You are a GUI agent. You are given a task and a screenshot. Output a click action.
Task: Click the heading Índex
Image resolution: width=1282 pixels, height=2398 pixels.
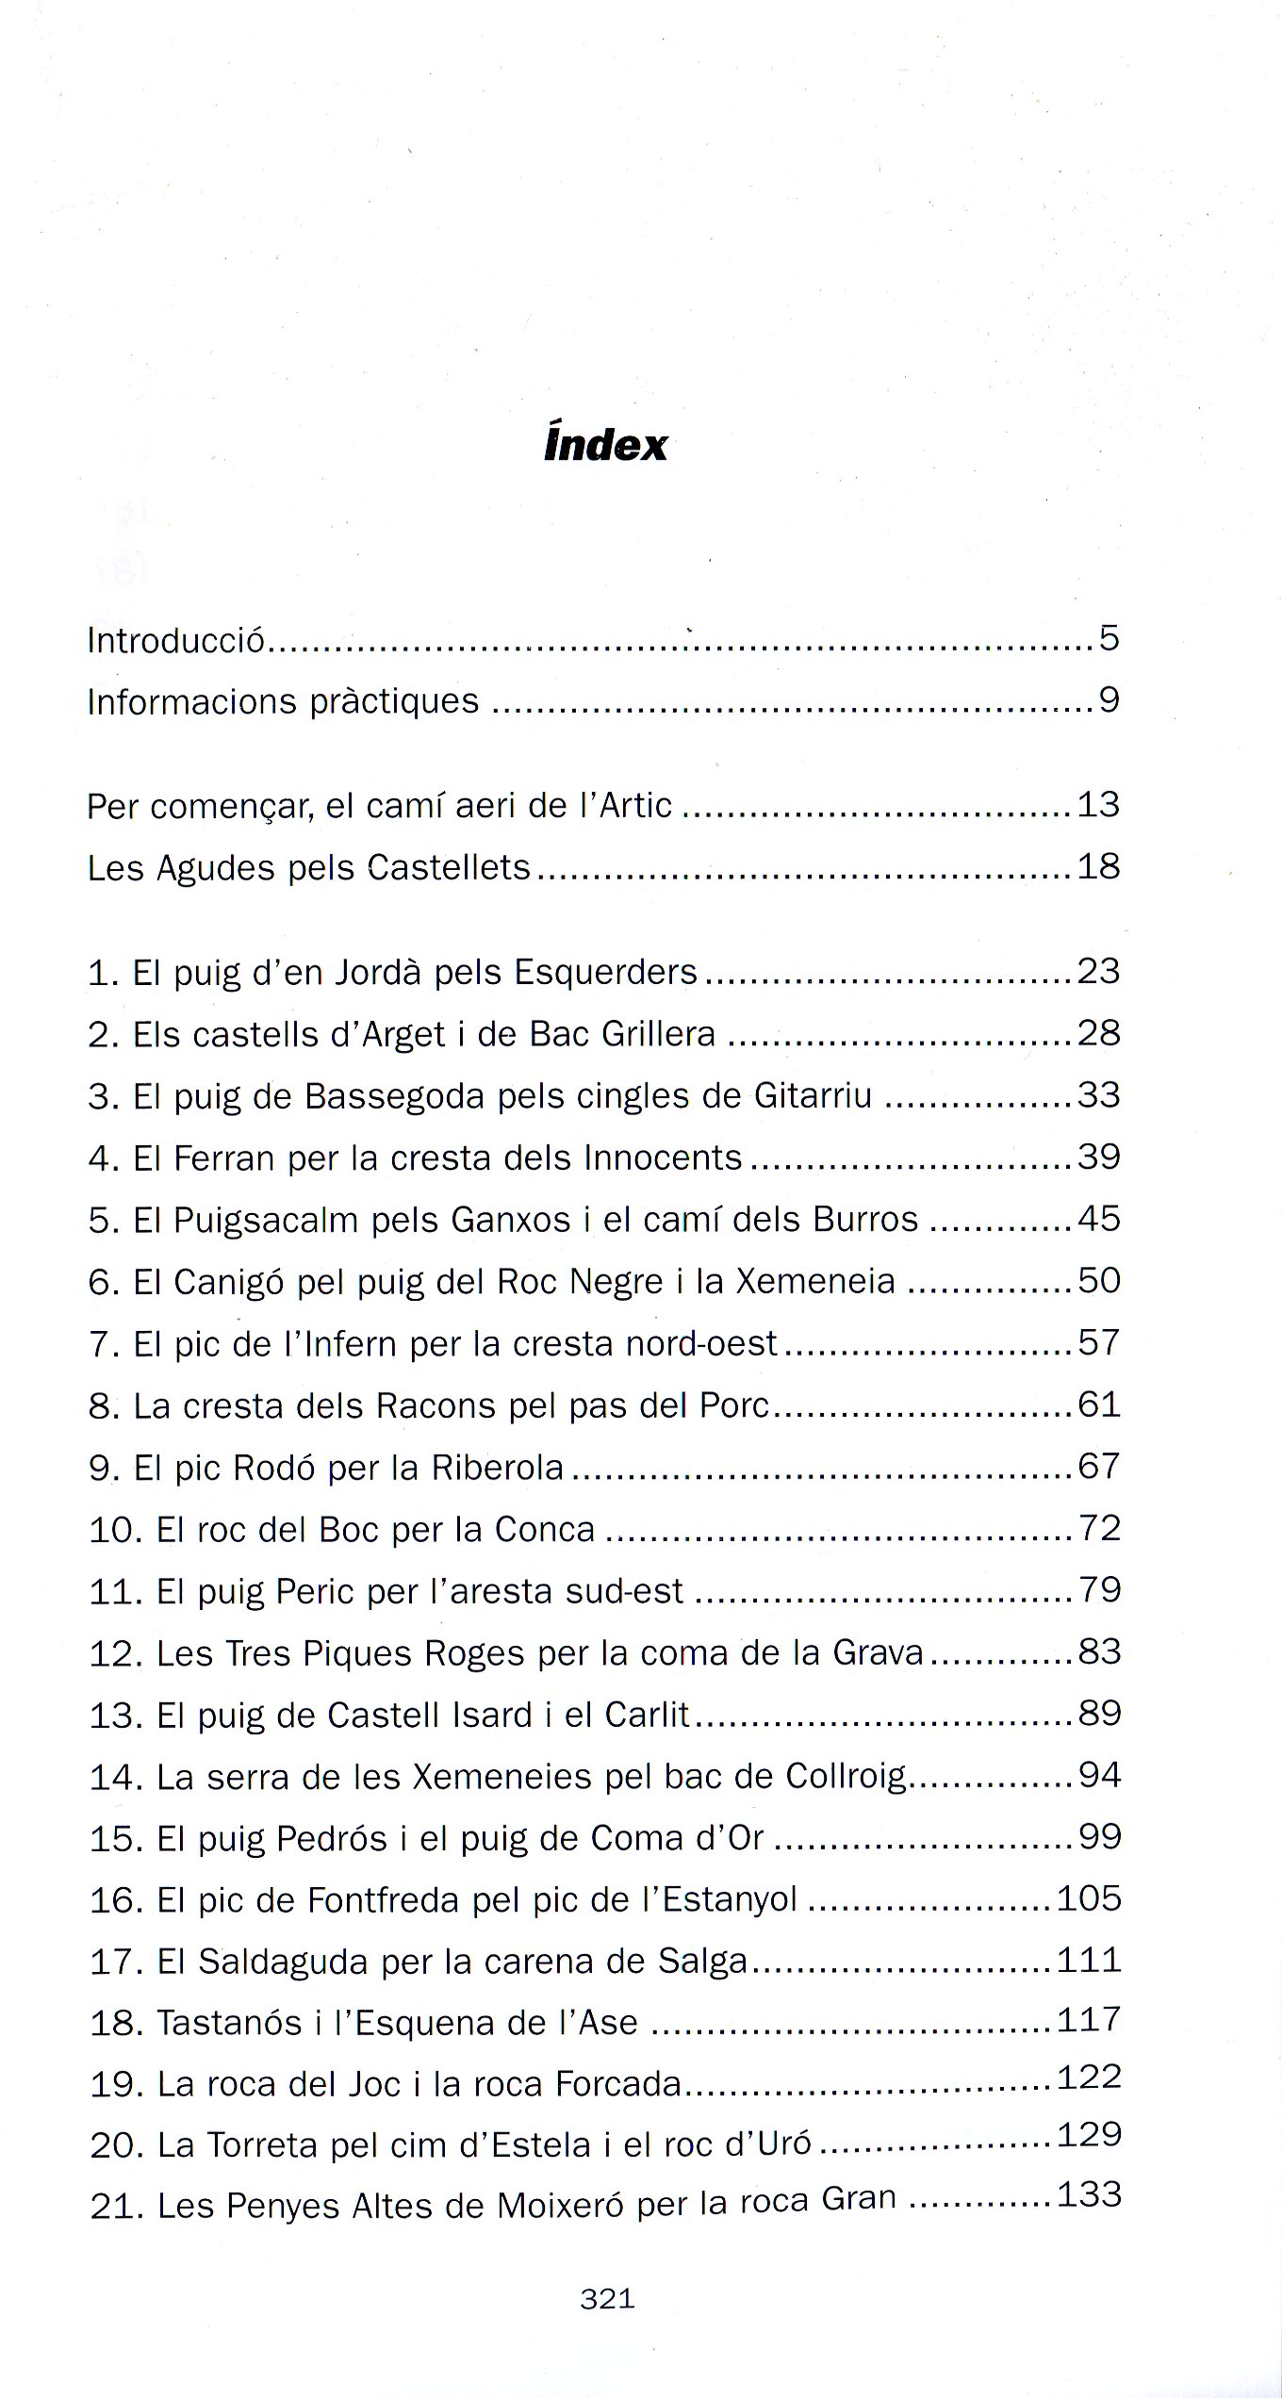605,444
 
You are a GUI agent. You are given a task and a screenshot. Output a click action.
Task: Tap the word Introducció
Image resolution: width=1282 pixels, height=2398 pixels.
175,641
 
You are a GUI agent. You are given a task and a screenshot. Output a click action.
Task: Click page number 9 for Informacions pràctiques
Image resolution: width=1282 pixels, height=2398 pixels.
1109,701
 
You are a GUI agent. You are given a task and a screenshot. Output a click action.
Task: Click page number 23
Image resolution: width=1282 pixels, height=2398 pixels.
1098,971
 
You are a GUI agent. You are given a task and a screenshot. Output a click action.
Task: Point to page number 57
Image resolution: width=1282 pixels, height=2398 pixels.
1098,1342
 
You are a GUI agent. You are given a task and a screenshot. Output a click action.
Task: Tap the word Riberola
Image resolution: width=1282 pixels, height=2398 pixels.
498,1468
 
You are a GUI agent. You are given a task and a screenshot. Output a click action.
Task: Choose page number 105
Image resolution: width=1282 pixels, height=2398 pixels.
1089,1898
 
